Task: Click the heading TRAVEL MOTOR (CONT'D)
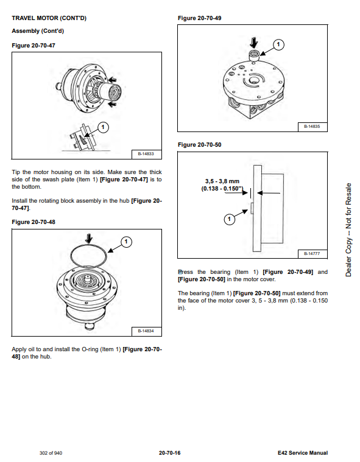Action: coord(49,18)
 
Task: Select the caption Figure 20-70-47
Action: coord(34,46)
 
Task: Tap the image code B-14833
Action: coord(146,154)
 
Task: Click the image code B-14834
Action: coord(146,331)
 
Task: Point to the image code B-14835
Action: coord(312,127)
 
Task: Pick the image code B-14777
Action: coord(312,253)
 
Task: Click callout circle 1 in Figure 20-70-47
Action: coord(103,127)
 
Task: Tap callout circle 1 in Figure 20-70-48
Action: coord(126,242)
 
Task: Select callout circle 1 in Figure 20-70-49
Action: coord(278,45)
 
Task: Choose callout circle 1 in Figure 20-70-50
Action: coord(230,219)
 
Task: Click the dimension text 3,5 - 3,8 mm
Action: coord(222,181)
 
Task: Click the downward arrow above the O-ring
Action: coord(89,238)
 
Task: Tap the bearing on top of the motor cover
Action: coord(254,55)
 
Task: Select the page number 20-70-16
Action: coord(169,453)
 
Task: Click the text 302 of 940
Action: coord(51,453)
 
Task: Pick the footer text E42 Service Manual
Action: coord(303,453)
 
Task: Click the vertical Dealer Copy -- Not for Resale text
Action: coord(348,230)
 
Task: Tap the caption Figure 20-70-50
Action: coord(199,145)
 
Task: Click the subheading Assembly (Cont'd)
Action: coord(38,31)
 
